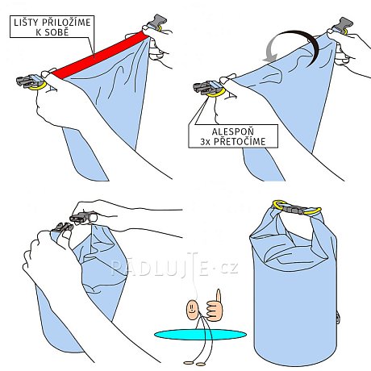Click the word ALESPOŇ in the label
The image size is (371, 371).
233,131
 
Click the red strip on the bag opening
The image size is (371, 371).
100,55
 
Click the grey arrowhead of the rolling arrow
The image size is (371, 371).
270,58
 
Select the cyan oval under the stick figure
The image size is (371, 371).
200,335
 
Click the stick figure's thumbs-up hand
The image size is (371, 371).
215,306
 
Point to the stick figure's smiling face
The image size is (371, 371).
192,309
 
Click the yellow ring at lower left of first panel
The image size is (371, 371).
39,86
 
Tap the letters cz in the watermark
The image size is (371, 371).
229,268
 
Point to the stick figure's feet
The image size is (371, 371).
194,363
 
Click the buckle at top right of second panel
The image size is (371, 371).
342,26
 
